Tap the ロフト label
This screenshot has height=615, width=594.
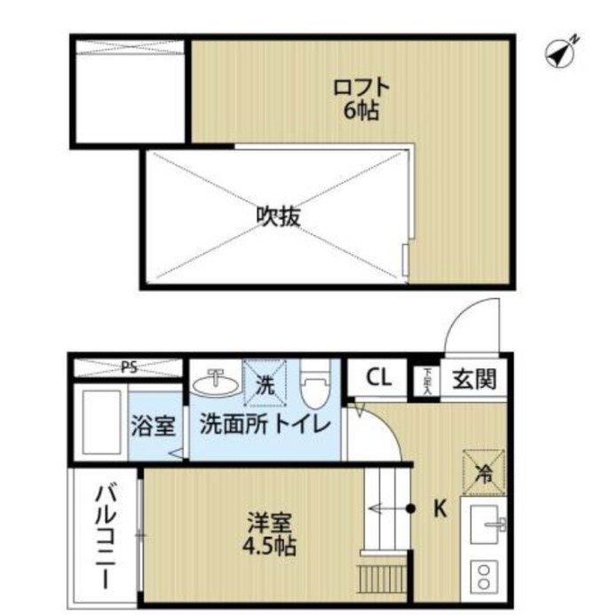[361, 88]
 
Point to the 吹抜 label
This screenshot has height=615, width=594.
[277, 216]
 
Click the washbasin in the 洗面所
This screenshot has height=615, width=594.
[214, 383]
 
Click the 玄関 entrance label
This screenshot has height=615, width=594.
[475, 379]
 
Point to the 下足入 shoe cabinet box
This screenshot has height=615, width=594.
[427, 380]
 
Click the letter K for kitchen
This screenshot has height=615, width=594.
[438, 509]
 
